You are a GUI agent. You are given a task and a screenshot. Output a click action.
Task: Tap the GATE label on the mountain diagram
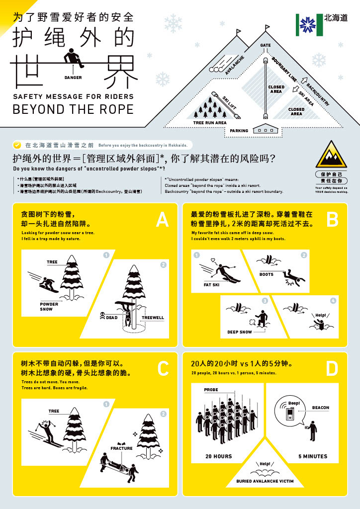point(266,46)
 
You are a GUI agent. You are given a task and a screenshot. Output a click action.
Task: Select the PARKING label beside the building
point(239,131)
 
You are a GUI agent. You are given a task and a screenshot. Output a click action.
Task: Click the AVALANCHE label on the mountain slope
point(234,65)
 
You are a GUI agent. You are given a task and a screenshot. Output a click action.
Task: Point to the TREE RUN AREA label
point(210,122)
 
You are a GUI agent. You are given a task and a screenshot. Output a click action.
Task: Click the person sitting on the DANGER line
point(74,59)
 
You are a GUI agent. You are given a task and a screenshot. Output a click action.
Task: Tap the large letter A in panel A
point(162,220)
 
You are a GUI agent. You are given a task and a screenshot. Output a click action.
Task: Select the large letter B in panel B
point(332,220)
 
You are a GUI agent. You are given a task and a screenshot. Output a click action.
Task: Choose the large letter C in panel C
point(163,369)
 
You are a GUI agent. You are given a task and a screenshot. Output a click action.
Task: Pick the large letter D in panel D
point(332,369)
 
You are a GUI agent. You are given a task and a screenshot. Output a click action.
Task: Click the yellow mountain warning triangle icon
point(331,155)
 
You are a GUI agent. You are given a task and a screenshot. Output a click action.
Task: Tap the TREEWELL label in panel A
point(153,318)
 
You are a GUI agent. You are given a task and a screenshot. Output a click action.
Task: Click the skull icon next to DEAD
point(102,315)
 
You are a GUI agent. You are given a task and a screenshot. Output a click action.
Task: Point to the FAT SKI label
point(211,285)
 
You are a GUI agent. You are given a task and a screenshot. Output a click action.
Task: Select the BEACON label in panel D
point(321,408)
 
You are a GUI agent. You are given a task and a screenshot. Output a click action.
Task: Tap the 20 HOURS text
point(219,456)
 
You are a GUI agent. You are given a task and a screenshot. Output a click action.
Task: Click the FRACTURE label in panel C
point(122,448)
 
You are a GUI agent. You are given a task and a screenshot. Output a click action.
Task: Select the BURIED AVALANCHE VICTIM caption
point(265,481)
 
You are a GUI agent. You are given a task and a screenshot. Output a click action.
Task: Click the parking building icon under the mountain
point(267,129)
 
